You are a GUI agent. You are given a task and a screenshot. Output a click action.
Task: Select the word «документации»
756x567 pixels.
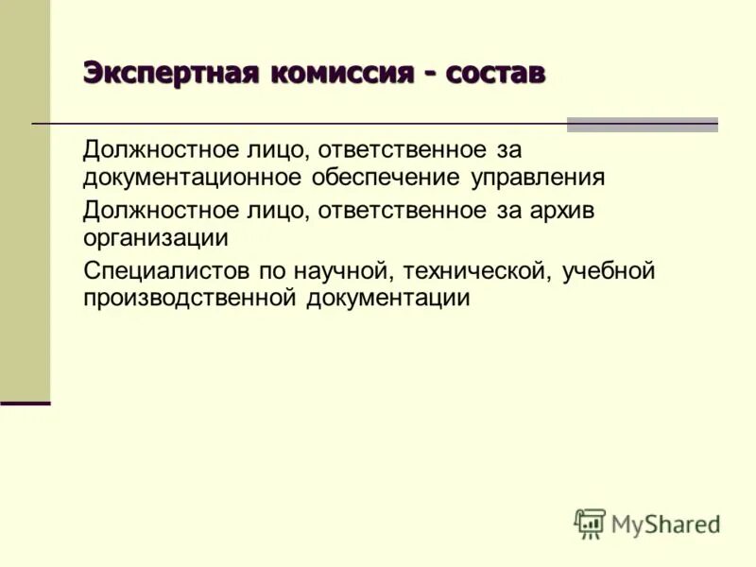point(387,299)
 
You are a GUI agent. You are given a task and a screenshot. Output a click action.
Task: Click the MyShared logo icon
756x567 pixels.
point(590,524)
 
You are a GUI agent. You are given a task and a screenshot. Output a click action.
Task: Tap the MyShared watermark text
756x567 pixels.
point(665,524)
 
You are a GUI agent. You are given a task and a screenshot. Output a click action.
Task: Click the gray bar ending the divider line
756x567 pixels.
point(642,124)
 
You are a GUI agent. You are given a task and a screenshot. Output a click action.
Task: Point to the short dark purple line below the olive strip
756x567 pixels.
point(25,404)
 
